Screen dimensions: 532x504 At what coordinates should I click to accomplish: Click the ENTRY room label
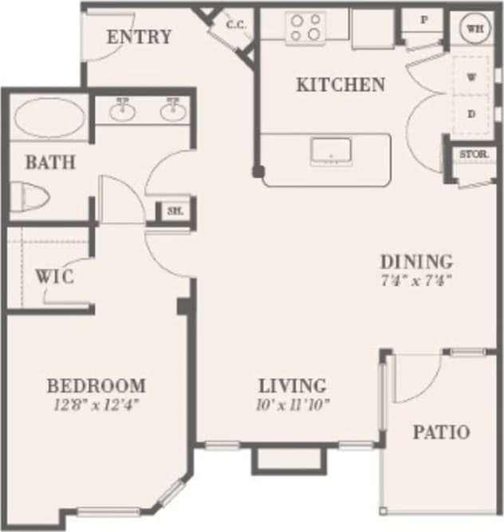[x=139, y=37]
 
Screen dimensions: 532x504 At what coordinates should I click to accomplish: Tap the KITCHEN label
[x=341, y=85]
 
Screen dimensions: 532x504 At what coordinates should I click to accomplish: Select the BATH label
[x=49, y=163]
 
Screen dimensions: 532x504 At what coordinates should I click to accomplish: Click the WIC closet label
[x=55, y=278]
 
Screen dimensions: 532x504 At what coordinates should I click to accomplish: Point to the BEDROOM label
[x=96, y=386]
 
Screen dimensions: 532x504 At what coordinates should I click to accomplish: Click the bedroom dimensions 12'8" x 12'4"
[x=96, y=404]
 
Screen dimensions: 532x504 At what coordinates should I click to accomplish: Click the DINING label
[x=416, y=262]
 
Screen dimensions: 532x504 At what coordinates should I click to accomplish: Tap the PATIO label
[x=441, y=433]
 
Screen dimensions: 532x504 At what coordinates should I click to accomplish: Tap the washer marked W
[x=471, y=78]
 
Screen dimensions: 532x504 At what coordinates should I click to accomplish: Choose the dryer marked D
[x=471, y=114]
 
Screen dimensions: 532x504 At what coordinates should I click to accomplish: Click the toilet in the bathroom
[x=30, y=196]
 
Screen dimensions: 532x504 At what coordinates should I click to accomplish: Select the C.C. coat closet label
[x=235, y=25]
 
